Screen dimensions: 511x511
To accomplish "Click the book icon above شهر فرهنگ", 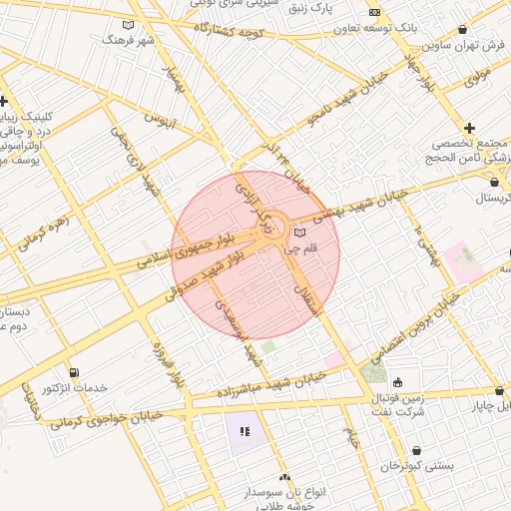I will point(125,25).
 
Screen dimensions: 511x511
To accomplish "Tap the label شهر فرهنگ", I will point(125,40).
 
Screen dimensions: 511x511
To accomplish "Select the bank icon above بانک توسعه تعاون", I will point(375,12).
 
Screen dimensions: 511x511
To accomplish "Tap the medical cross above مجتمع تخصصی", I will point(468,127).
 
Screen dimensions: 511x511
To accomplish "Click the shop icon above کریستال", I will point(497,183).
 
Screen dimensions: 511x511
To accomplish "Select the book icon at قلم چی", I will point(300,234).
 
